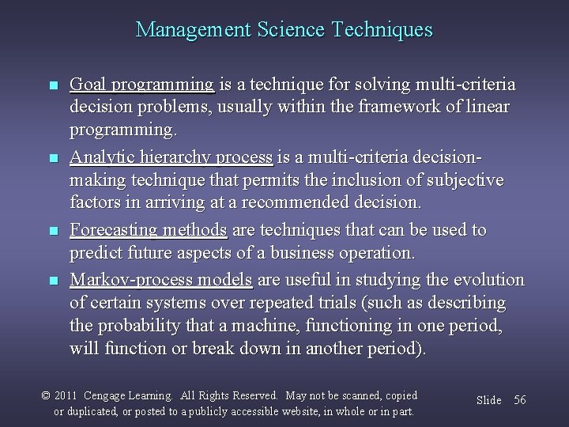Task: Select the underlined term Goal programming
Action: pos(141,85)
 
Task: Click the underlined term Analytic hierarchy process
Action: pos(171,157)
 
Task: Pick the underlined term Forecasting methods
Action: pos(149,230)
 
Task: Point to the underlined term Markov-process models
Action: pos(161,280)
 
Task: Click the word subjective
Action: pos(466,180)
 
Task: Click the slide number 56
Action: pos(519,400)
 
